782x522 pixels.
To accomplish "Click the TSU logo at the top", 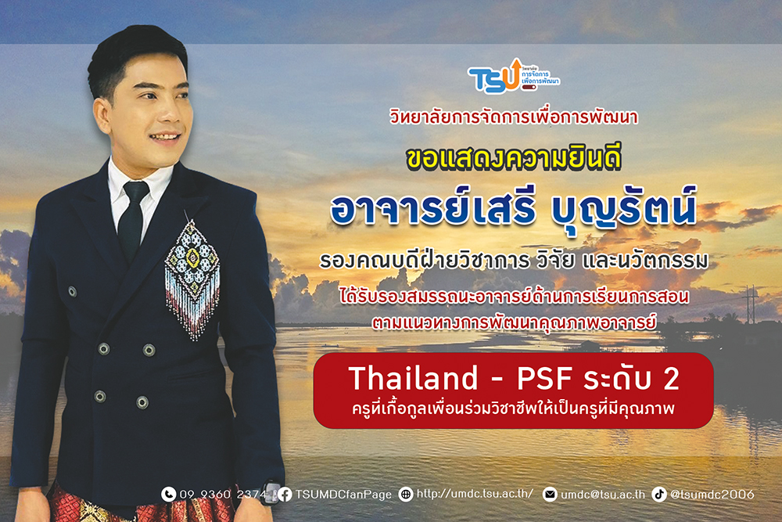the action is pos(513,76).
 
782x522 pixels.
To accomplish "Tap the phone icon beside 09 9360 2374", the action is pos(169,494).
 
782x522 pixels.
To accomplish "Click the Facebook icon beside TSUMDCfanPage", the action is pos(285,494).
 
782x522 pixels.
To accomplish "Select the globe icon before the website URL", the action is pos(406,494).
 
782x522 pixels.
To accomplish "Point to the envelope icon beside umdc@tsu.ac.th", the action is pos(550,494).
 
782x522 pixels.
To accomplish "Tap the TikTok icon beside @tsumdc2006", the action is pos(658,494).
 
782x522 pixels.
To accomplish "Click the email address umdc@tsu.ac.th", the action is pos(602,495).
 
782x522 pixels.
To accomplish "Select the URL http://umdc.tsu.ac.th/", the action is pos(475,494).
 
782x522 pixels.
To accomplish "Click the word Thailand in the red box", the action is pos(414,378).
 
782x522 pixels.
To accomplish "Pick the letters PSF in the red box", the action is pos(543,378).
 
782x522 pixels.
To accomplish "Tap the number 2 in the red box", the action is pos(671,378).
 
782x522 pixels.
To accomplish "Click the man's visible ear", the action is pos(101,115).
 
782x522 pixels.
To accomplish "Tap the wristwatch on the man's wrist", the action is pos(271,491).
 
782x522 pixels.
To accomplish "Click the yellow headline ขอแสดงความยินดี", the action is pos(514,158).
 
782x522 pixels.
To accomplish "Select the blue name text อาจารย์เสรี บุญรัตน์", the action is pos(513,208).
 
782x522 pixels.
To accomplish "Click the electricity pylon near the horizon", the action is pos(750,304).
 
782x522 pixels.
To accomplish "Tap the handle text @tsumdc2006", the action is pos(712,494).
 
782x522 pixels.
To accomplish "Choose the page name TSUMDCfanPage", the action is pos(343,495).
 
